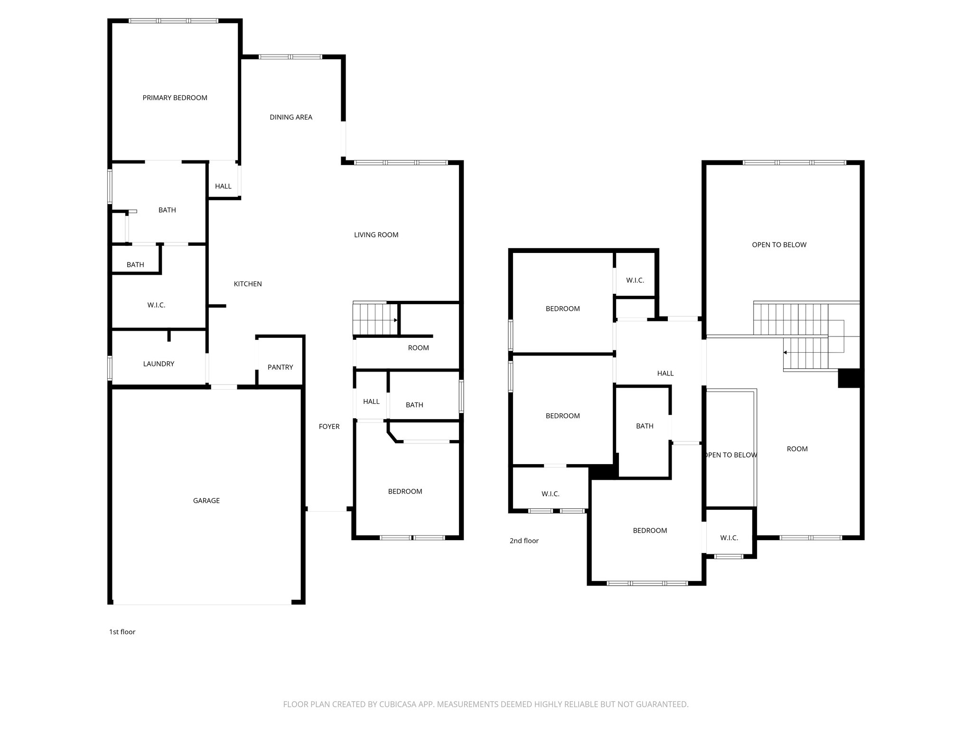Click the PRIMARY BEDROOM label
[175, 98]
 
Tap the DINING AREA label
[291, 117]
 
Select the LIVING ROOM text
[376, 234]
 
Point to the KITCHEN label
[248, 284]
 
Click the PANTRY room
[280, 367]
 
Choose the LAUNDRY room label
[159, 364]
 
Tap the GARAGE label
[206, 500]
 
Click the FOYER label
[329, 426]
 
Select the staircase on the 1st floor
[375, 319]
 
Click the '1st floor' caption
[122, 632]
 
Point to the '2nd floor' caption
[524, 541]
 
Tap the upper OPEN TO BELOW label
[779, 245]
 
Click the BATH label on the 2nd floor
[645, 426]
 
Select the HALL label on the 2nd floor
[665, 373]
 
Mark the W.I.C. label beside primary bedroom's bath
[156, 305]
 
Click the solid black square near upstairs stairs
[849, 378]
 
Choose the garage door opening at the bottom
[202, 604]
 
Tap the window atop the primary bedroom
[174, 21]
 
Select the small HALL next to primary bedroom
[223, 186]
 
